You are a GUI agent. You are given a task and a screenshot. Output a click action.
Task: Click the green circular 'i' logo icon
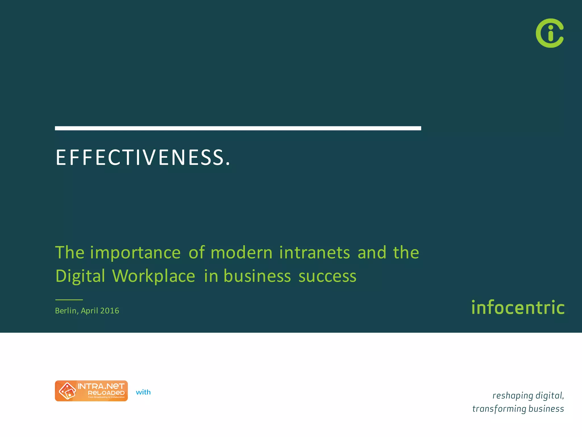[x=550, y=33]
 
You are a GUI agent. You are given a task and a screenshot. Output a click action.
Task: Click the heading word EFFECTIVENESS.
[x=143, y=157]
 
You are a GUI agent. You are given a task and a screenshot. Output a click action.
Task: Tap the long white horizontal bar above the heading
[x=238, y=128]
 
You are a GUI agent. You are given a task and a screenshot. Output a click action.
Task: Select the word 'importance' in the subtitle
[x=135, y=253]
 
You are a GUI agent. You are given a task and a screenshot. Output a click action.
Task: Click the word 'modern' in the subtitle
[x=242, y=253]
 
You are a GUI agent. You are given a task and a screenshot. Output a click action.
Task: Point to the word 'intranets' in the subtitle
[x=315, y=253]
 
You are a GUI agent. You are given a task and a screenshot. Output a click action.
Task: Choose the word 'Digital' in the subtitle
[x=80, y=276]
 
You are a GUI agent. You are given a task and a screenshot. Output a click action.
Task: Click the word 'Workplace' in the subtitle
[x=154, y=276]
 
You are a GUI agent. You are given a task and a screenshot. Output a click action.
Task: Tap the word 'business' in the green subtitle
[x=257, y=276]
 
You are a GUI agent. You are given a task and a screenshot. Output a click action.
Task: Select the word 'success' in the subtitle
[x=327, y=276]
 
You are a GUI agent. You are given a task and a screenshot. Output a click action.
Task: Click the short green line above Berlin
[x=69, y=300]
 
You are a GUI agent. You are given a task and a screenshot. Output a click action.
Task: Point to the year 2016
[x=110, y=311]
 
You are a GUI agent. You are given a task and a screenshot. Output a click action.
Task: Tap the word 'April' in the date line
[x=89, y=311]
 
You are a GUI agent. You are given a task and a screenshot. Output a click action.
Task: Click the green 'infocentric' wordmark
[x=518, y=308]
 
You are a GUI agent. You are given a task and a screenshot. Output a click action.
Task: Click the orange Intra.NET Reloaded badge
[x=91, y=391]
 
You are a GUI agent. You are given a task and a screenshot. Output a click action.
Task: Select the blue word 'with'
[x=143, y=392]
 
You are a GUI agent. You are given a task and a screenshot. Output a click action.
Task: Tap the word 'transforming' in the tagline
[x=499, y=409]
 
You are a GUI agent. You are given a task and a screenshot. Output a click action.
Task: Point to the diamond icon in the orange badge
[x=67, y=391]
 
